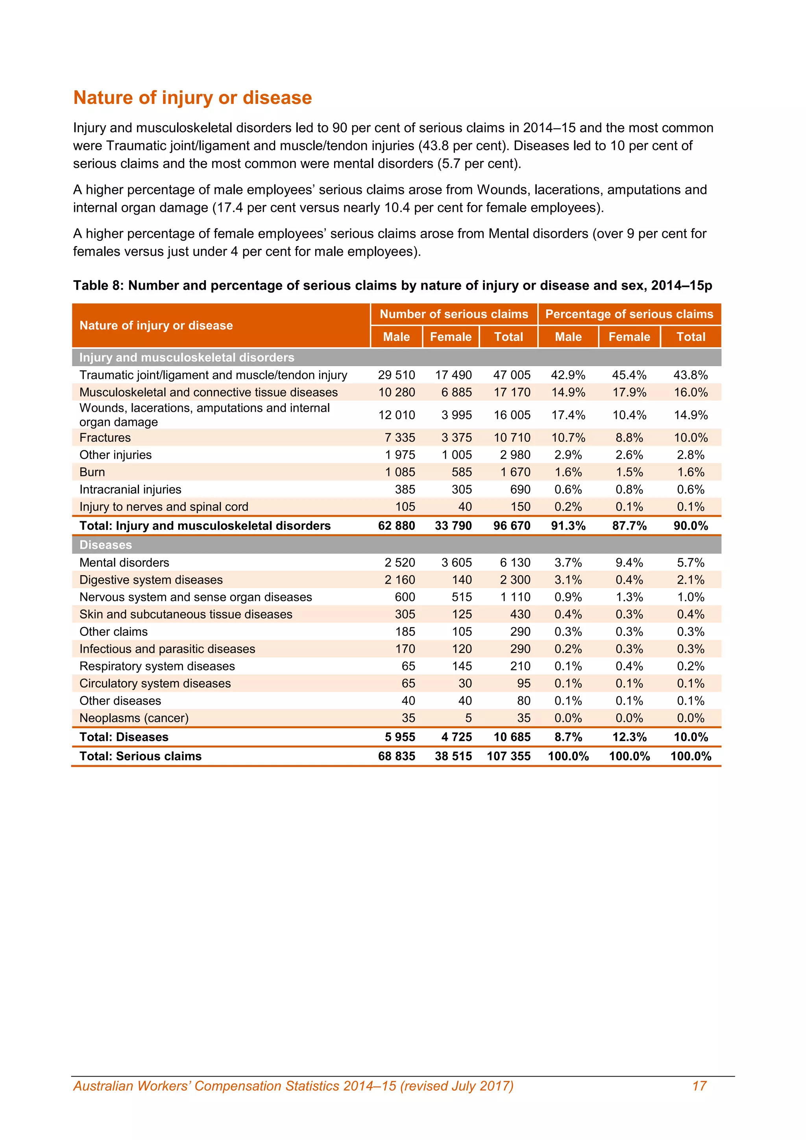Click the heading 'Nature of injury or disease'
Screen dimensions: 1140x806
coord(192,98)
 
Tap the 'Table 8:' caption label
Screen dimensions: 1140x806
coord(98,285)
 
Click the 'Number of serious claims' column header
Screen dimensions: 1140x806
coord(454,314)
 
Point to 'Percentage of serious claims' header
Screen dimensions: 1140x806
coord(629,314)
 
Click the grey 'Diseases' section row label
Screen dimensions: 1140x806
coord(106,545)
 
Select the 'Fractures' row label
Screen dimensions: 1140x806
coord(105,437)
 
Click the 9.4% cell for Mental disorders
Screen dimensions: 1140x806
coord(629,563)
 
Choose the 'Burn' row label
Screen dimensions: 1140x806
coord(92,472)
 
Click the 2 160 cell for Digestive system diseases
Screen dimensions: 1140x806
coord(399,580)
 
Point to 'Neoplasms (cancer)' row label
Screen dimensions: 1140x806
coord(134,718)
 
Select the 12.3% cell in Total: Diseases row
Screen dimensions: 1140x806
coord(629,737)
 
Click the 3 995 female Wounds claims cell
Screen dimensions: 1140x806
coord(456,415)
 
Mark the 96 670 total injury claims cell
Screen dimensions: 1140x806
coord(511,526)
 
